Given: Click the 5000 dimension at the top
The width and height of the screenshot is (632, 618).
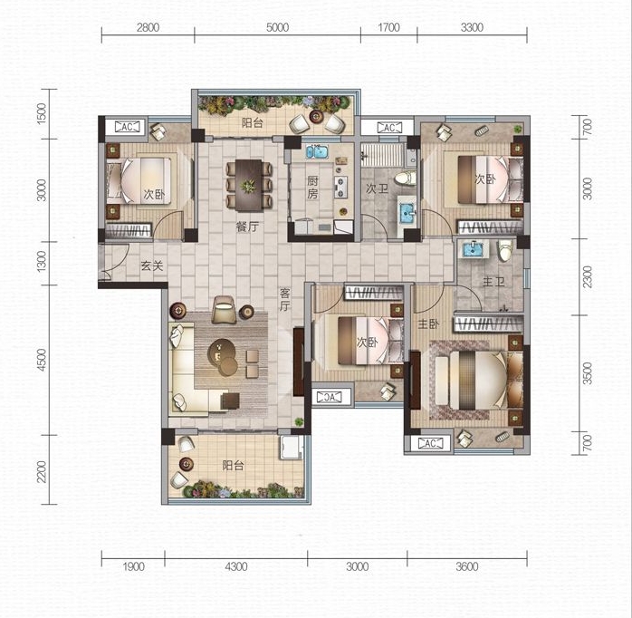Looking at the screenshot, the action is pyautogui.click(x=277, y=27).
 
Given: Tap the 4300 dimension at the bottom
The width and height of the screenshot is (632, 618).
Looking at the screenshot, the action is pyautogui.click(x=236, y=566).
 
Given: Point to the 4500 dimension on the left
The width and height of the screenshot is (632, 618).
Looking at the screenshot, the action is pyautogui.click(x=42, y=360).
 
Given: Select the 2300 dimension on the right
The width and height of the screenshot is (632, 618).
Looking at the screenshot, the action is pyautogui.click(x=588, y=276).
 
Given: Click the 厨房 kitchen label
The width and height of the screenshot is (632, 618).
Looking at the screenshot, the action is pyautogui.click(x=312, y=188).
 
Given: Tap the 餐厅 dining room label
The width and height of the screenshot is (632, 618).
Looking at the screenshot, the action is pyautogui.click(x=247, y=227).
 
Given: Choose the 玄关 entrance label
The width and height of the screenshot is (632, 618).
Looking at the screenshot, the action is pyautogui.click(x=152, y=266).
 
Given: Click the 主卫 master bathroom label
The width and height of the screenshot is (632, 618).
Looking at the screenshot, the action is pyautogui.click(x=493, y=281).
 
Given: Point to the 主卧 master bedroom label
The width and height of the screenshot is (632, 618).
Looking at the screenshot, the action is pyautogui.click(x=428, y=323).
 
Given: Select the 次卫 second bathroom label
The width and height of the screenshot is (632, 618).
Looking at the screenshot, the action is pyautogui.click(x=377, y=188).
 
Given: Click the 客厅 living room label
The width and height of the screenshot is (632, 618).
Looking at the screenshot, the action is pyautogui.click(x=285, y=299).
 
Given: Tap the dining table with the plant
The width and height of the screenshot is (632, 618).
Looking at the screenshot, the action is pyautogui.click(x=249, y=186).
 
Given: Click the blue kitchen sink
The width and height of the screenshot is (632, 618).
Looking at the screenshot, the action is pyautogui.click(x=317, y=152).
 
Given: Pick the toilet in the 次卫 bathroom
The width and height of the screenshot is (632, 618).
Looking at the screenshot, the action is pyautogui.click(x=405, y=178).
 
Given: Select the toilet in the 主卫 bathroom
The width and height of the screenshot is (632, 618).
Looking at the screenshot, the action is pyautogui.click(x=505, y=250).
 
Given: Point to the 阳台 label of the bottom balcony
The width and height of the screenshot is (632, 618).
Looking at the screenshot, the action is pyautogui.click(x=234, y=466).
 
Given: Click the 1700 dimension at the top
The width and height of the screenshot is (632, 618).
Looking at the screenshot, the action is pyautogui.click(x=389, y=27).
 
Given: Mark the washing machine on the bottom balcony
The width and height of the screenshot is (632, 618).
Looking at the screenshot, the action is pyautogui.click(x=292, y=447).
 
